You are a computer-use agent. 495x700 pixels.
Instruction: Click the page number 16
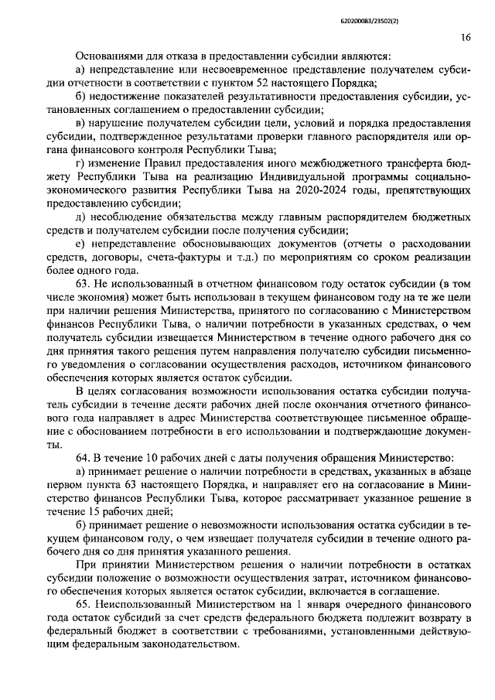point(465,36)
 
